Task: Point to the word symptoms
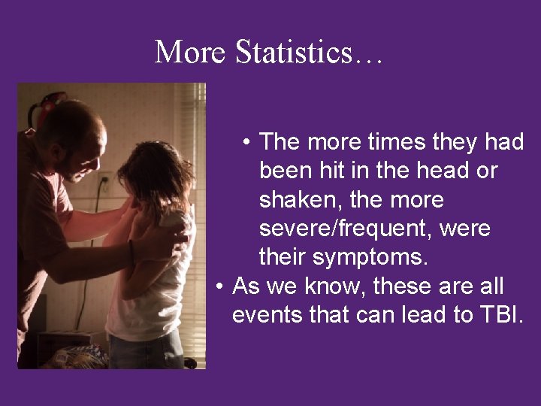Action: pyautogui.click(x=370, y=258)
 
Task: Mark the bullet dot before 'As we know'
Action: pyautogui.click(x=219, y=286)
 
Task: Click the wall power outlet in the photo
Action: pyautogui.click(x=105, y=183)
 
